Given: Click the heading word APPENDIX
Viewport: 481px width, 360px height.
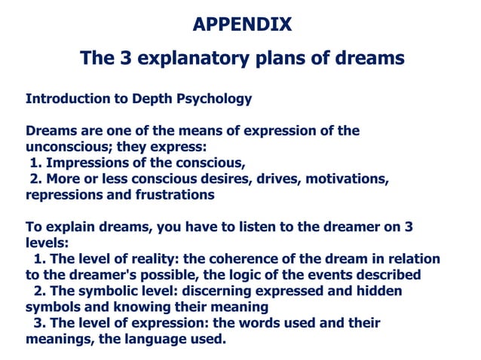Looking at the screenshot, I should [x=241, y=24].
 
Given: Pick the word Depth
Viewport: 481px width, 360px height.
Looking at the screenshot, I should [x=152, y=99].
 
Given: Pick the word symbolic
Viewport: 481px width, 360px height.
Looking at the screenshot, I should [x=106, y=291].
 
